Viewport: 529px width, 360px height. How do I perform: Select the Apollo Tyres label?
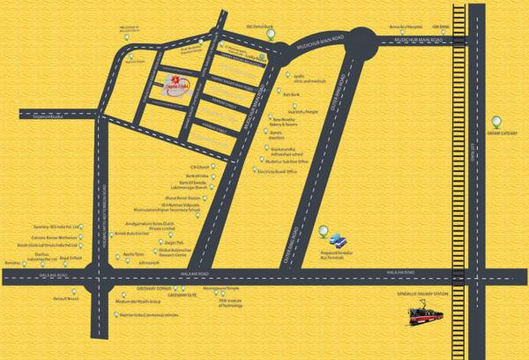pos(131,252)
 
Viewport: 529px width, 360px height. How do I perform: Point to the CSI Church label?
pos(180,167)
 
